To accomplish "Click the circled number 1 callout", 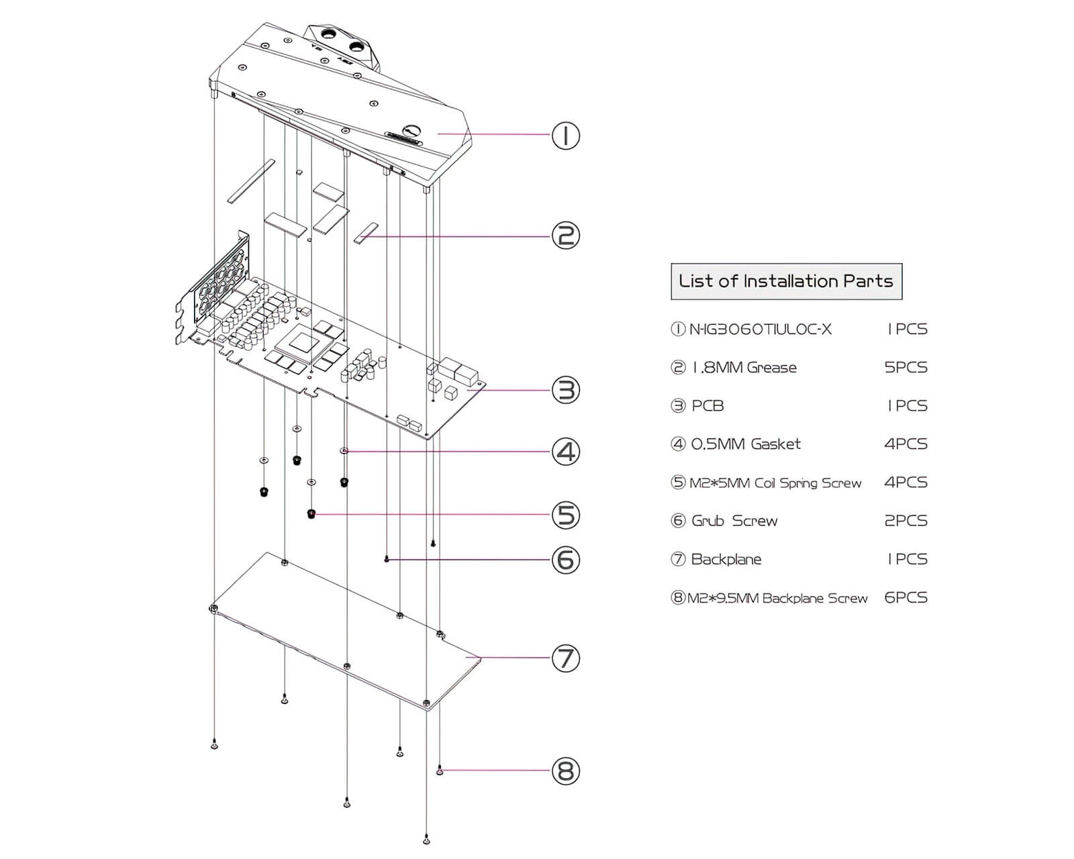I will click(565, 136).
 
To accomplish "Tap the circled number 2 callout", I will click(565, 236).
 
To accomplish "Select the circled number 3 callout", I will click(565, 390).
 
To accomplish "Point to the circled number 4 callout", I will click(565, 452).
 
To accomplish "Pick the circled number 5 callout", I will click(565, 515).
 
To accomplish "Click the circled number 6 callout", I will click(565, 560).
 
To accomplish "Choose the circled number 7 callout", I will click(565, 658).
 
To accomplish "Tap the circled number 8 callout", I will click(565, 770).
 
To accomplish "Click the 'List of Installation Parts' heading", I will click(786, 281).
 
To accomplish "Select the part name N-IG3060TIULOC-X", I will click(760, 330).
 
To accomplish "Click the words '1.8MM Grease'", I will click(744, 368).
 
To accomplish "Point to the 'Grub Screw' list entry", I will click(734, 521).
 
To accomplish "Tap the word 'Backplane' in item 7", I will click(726, 559).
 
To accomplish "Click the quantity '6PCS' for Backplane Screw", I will click(906, 597).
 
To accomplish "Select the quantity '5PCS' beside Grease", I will click(906, 368).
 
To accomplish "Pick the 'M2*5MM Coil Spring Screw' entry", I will click(775, 483).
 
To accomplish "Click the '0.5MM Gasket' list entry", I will click(746, 444).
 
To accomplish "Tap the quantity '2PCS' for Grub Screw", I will click(906, 521).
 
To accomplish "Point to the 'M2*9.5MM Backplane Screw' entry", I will click(777, 598).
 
